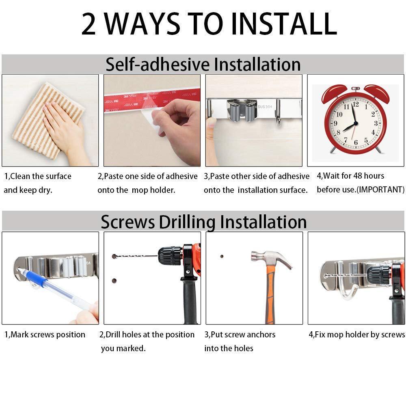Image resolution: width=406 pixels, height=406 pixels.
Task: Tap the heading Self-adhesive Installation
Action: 203,64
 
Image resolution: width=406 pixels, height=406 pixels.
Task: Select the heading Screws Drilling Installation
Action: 203,222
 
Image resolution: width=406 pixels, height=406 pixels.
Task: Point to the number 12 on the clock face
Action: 356,104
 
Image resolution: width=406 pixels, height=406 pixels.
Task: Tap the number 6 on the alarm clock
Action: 356,143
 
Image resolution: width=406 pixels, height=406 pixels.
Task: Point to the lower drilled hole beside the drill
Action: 114,281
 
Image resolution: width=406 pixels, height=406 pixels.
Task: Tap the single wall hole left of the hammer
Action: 222,256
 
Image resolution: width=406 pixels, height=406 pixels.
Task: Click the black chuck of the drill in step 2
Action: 170,256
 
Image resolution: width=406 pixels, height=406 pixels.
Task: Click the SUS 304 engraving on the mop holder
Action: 265,107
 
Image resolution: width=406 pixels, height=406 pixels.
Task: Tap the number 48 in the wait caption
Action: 358,176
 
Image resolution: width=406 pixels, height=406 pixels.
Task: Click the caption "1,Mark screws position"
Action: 45,335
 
